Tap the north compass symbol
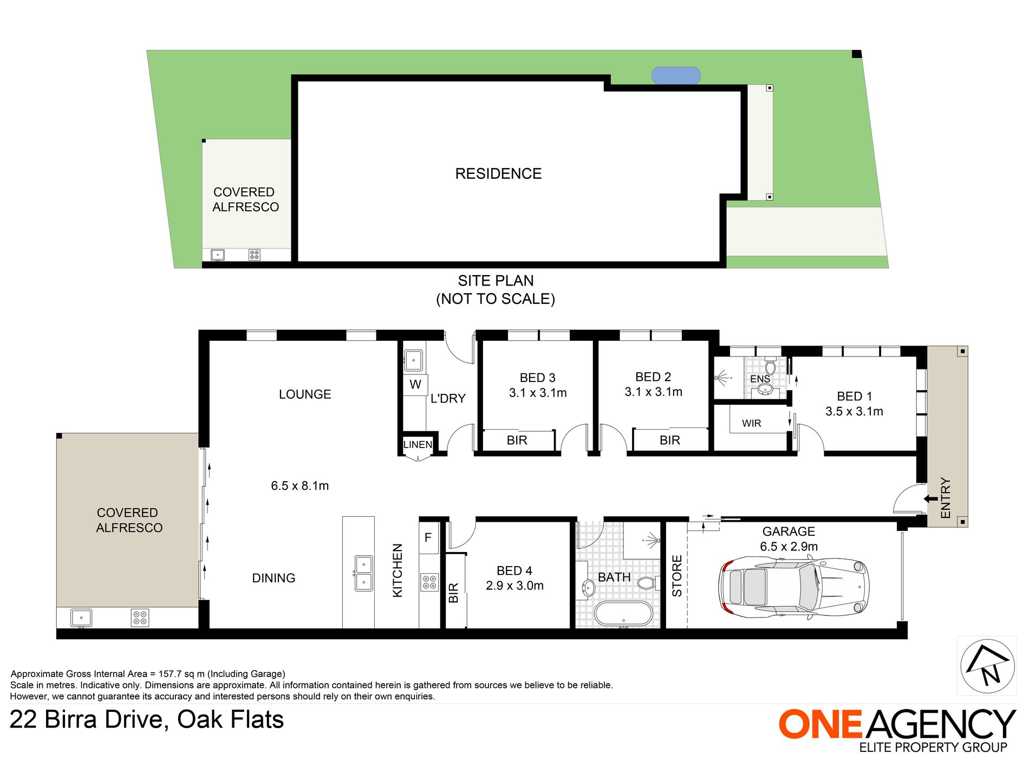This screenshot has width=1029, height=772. point(987,666)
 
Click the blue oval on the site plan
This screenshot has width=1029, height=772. point(676,76)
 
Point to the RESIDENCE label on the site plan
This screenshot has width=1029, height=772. point(498,174)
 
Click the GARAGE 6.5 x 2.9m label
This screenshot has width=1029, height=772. point(789,539)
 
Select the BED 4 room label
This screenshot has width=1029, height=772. point(514,578)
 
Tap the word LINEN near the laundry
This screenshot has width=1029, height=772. point(418,445)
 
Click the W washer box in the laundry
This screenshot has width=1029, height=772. point(415,385)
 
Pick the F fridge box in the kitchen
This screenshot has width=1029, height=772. point(428,537)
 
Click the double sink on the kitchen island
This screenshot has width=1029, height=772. point(363,573)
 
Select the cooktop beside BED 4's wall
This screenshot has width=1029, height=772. point(429,582)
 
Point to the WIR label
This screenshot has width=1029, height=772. point(751,424)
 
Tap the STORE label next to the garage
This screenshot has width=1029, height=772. point(677,576)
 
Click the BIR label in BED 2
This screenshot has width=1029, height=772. point(669,440)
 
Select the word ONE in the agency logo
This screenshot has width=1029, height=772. point(820,724)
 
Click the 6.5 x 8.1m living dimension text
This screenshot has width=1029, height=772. point(299,486)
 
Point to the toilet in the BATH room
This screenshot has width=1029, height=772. point(647,583)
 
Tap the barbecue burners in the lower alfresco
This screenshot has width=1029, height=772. point(140,618)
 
